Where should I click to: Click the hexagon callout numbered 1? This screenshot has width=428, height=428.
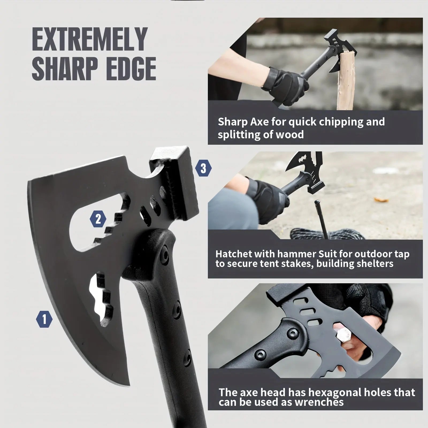[44, 319]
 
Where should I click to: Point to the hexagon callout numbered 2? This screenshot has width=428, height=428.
[98, 219]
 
